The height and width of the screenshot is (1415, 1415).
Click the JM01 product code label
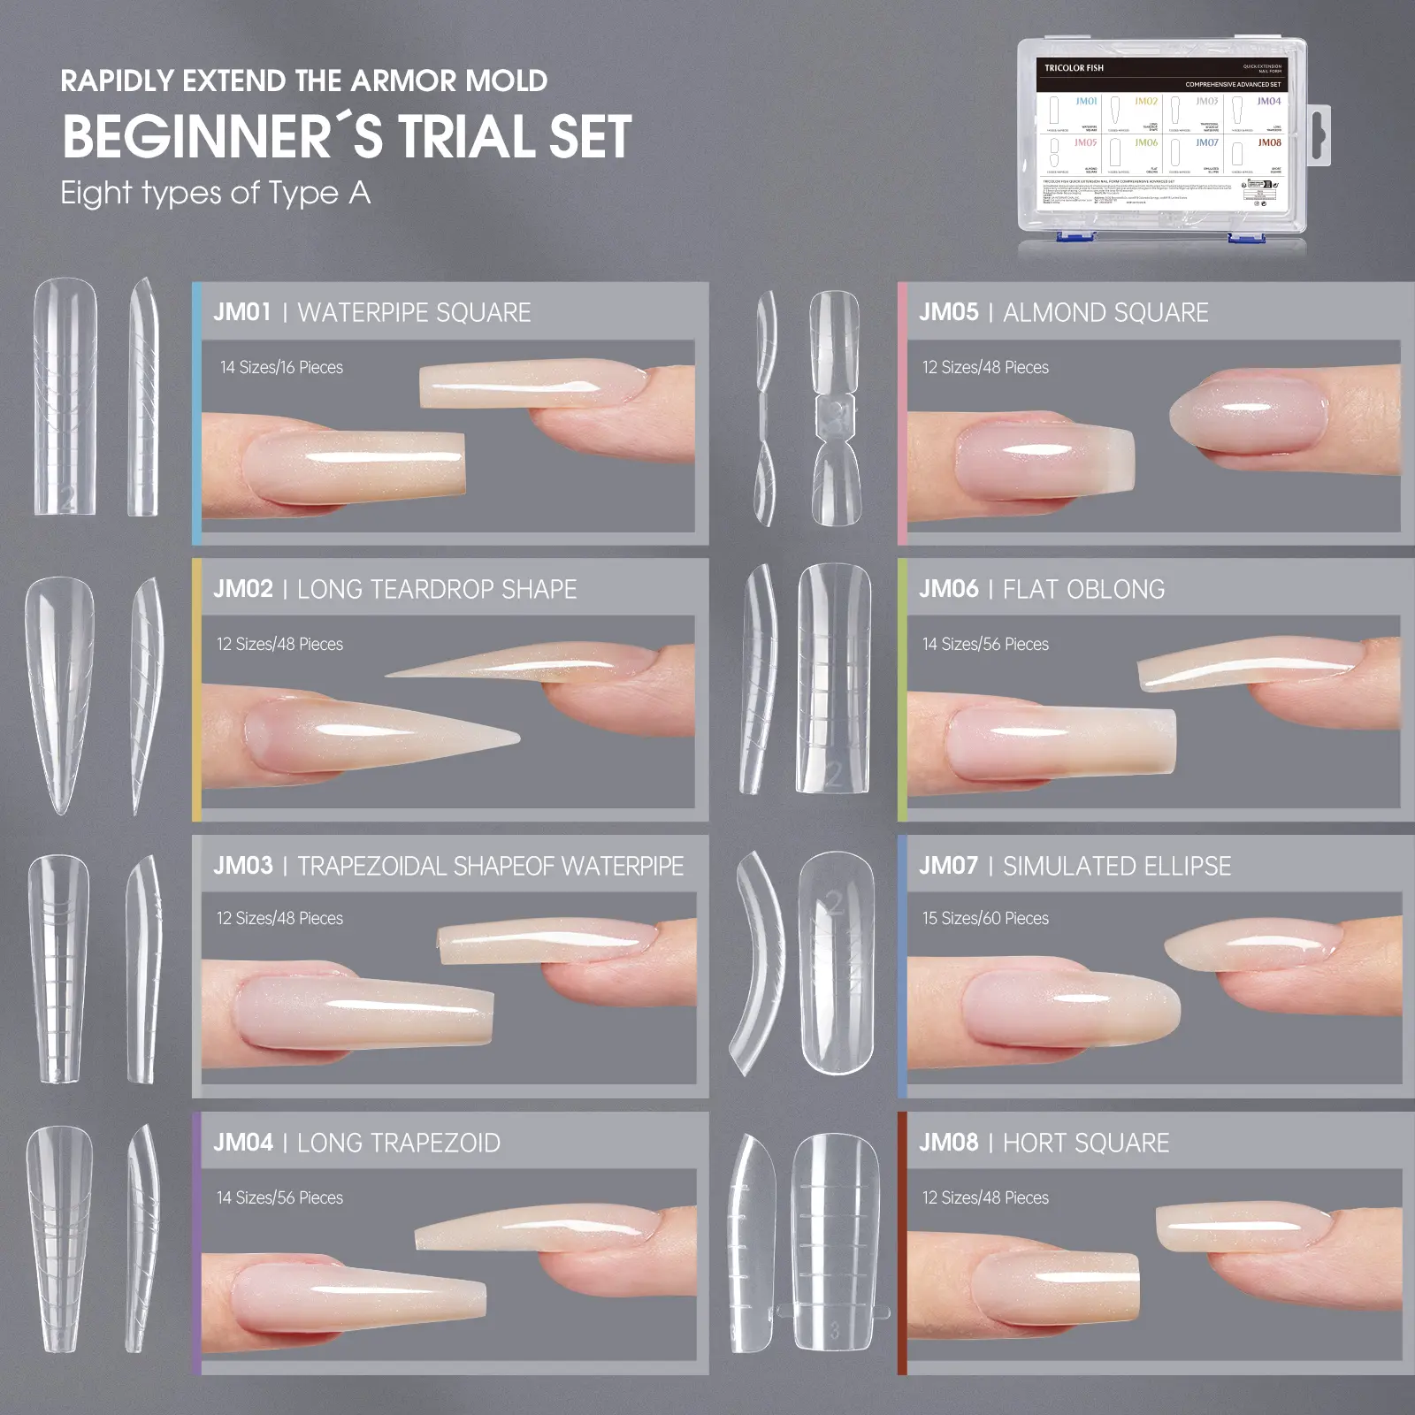point(241,312)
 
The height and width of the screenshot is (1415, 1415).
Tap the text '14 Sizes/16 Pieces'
point(281,367)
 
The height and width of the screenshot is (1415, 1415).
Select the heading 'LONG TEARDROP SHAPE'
point(437,589)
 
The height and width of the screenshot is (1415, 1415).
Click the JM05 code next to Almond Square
point(948,312)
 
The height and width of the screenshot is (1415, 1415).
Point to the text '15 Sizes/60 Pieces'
point(985,918)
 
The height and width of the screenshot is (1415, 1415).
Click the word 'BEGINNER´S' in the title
point(223,138)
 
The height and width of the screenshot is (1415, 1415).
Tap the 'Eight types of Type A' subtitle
point(215,193)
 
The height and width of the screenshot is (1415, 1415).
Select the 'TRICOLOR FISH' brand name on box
point(1074,68)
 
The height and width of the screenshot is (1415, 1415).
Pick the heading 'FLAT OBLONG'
point(1083,589)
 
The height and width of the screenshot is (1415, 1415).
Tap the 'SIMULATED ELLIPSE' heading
point(1116,866)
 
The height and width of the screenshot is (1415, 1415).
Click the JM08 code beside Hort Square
point(948,1143)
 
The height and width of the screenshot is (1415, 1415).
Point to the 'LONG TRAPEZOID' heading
point(398,1143)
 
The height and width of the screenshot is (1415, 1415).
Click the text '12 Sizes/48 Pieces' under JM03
point(279,918)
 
